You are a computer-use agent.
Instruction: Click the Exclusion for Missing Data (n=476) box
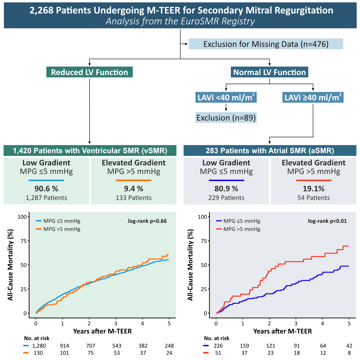(x=266, y=44)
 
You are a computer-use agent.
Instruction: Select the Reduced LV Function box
(x=89, y=72)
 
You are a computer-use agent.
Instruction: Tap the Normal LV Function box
(x=269, y=72)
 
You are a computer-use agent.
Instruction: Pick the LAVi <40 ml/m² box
(x=226, y=98)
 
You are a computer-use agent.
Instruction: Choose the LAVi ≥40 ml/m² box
(x=313, y=98)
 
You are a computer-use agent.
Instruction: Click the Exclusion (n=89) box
(x=226, y=118)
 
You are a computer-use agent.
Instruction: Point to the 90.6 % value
(x=46, y=189)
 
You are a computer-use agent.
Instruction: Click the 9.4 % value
(x=134, y=189)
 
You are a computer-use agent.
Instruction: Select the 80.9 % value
(x=226, y=189)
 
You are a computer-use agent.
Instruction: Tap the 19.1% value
(x=314, y=189)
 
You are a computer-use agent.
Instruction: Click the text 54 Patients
(x=314, y=198)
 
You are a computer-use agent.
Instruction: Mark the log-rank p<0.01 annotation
(x=327, y=221)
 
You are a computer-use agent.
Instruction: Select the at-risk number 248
(x=168, y=345)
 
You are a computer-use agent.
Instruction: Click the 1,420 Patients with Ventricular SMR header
(x=89, y=150)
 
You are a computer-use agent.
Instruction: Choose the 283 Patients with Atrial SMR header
(x=270, y=150)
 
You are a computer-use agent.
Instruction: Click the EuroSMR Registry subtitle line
(x=180, y=21)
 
